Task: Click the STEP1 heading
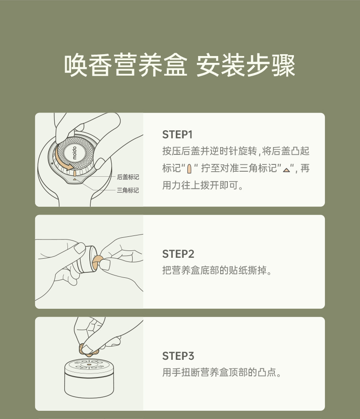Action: [x=177, y=135]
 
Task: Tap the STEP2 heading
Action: [x=178, y=254]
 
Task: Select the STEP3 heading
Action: [x=178, y=356]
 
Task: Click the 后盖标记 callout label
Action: [x=128, y=177]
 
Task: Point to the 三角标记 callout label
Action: [x=128, y=190]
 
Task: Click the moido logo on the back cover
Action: [x=74, y=153]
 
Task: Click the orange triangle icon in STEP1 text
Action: [x=287, y=170]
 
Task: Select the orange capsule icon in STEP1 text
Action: [x=190, y=169]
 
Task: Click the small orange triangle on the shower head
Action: [x=75, y=179]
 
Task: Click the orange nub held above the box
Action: [x=86, y=350]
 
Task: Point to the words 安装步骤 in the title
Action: [x=246, y=66]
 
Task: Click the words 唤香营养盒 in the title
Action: [x=125, y=66]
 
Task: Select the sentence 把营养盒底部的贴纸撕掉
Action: [x=217, y=271]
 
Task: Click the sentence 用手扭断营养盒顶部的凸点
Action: [x=222, y=372]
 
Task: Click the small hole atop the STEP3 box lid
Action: [x=89, y=364]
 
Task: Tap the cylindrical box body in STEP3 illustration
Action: [x=89, y=384]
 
